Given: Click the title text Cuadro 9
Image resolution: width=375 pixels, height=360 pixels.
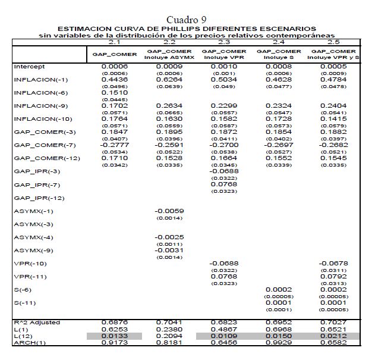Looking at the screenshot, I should [x=187, y=20].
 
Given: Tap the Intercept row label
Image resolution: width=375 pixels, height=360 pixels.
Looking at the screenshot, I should [x=29, y=67].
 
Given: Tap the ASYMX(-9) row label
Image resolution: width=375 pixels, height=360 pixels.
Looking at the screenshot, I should [x=31, y=249].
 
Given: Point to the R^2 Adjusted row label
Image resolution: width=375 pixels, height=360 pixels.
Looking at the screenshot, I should [x=37, y=322].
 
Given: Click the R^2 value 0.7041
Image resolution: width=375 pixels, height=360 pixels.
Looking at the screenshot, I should [x=169, y=322].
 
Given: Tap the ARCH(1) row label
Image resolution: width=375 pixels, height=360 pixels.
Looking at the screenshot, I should [x=26, y=343].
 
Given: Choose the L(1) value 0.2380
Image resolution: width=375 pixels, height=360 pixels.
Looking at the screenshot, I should [x=169, y=329].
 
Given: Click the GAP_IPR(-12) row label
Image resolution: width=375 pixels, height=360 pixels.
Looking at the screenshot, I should [x=35, y=197].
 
